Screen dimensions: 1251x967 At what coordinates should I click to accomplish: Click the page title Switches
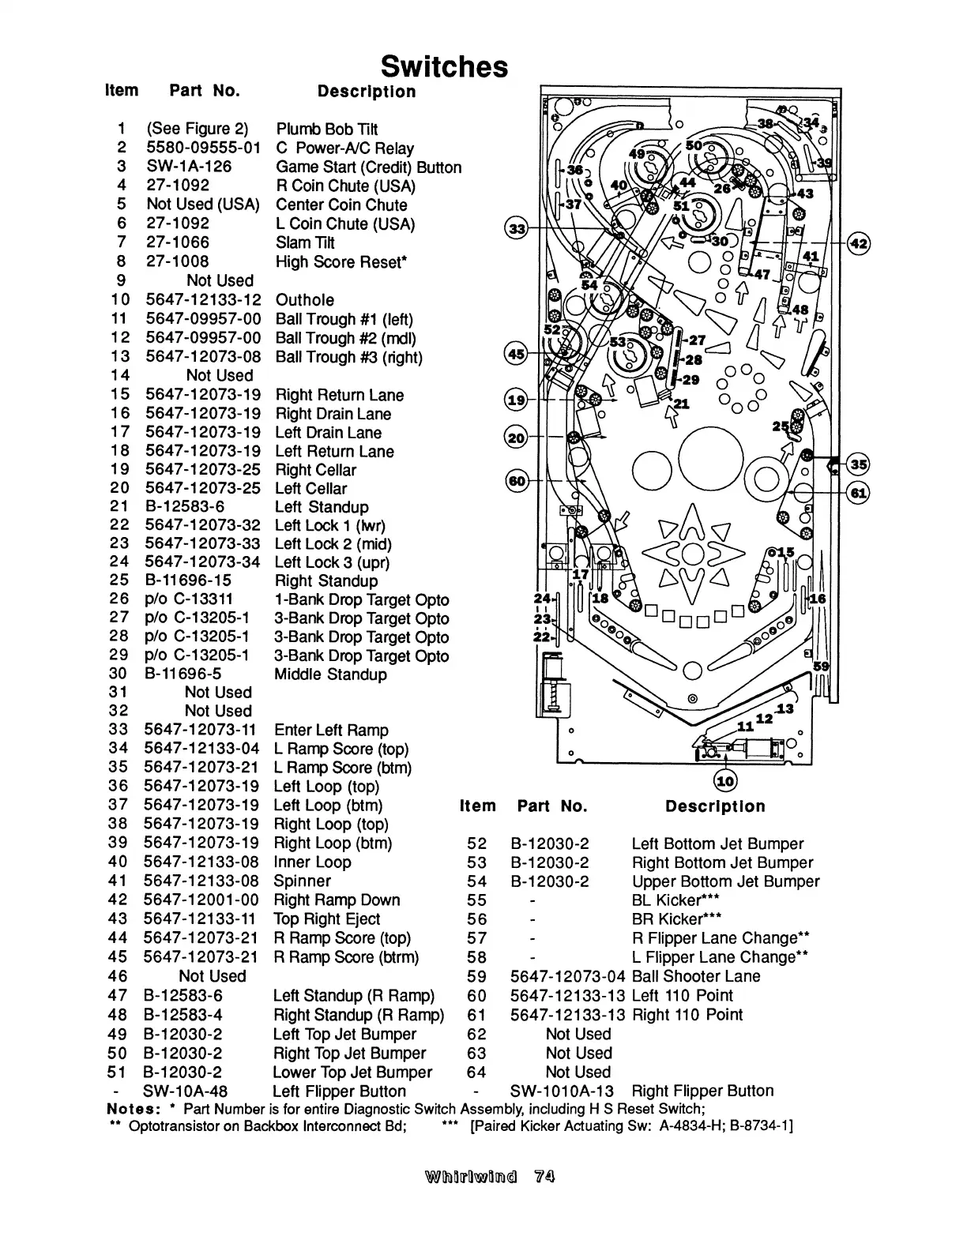[444, 66]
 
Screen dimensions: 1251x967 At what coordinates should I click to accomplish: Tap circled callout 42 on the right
[859, 243]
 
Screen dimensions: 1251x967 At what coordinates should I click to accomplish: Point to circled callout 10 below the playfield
[724, 781]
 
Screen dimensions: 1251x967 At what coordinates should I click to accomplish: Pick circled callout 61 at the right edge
[858, 494]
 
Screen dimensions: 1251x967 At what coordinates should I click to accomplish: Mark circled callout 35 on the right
[859, 464]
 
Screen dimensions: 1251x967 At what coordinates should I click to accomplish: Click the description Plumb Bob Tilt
[326, 129]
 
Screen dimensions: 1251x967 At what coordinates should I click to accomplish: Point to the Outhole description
[304, 300]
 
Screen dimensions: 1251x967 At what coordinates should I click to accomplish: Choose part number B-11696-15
[188, 580]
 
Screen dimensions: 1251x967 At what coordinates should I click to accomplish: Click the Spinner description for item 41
[302, 881]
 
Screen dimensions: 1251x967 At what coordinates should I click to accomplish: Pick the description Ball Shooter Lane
[696, 976]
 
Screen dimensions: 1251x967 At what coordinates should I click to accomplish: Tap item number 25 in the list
[119, 580]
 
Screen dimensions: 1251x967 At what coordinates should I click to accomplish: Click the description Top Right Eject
[326, 919]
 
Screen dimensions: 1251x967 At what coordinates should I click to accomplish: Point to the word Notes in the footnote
[130, 1108]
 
